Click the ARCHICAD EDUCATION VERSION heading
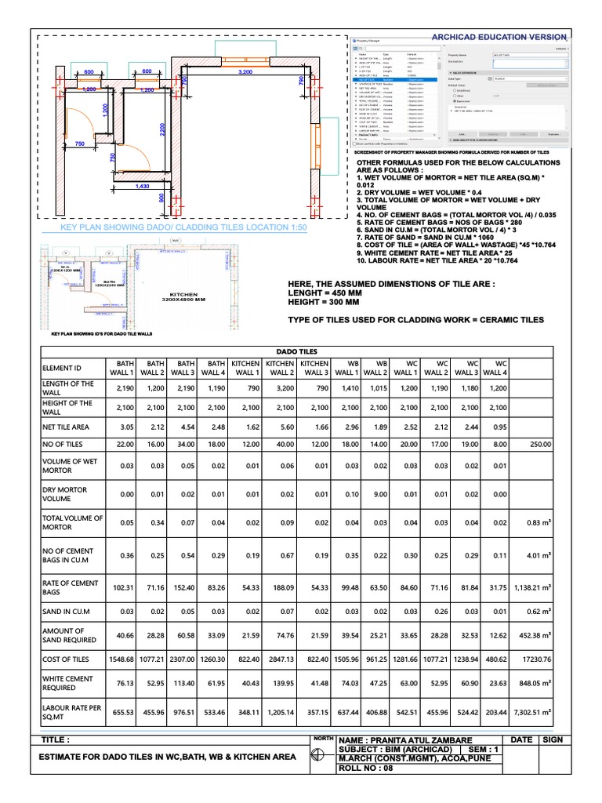click(x=499, y=37)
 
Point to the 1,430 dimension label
click(x=142, y=186)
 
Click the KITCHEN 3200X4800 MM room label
click(x=183, y=296)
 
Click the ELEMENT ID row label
click(x=63, y=369)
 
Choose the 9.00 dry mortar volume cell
click(x=378, y=496)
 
